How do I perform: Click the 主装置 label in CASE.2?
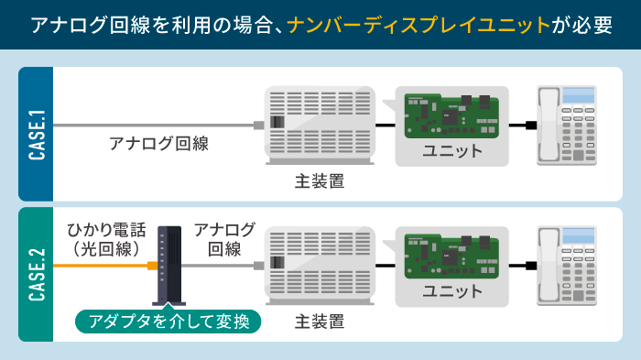(x=320, y=322)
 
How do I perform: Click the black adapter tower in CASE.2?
(x=168, y=265)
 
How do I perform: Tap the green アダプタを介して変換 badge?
(x=168, y=322)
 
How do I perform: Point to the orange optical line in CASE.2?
(x=101, y=266)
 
